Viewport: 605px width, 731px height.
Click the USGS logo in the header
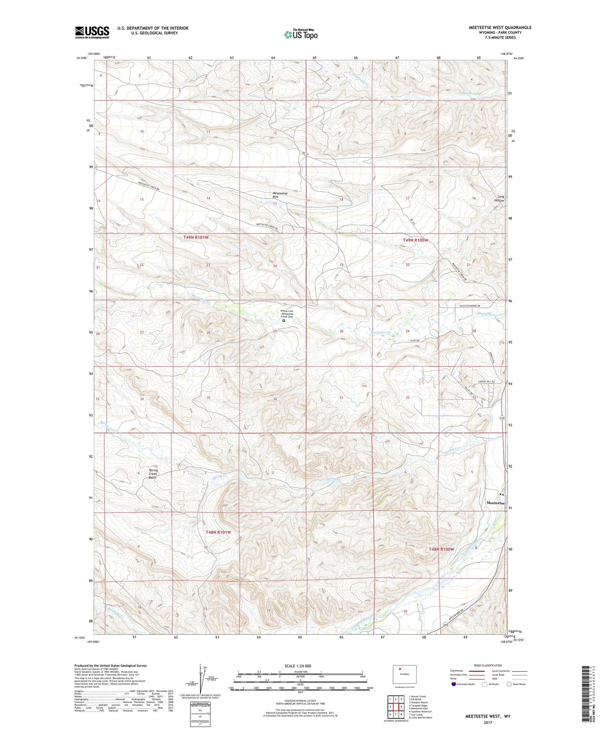point(92,32)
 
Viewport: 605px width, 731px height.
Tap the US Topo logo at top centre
point(301,34)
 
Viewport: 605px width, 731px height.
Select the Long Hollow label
point(500,198)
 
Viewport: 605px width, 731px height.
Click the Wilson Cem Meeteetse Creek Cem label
point(287,314)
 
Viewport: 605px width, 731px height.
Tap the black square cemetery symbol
point(283,321)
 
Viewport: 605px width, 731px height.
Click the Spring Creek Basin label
point(153,474)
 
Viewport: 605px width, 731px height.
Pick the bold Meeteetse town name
point(495,502)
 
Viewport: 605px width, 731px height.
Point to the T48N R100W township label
point(441,549)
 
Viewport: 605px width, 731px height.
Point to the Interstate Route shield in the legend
point(454,684)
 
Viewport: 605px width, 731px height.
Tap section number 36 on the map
point(275,399)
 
